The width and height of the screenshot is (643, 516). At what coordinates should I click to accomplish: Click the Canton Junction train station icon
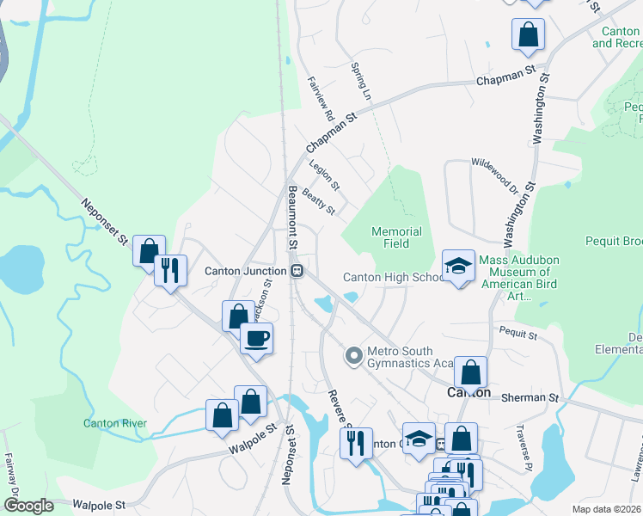[x=297, y=271]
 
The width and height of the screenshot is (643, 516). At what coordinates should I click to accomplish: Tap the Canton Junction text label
[x=245, y=271]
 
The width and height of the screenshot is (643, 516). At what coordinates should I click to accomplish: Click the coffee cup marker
[x=255, y=337]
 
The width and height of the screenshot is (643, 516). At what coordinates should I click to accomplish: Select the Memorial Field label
[x=396, y=237]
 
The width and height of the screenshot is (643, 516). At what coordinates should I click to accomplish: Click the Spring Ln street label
[x=361, y=80]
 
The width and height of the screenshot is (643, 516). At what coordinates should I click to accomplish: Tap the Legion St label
[x=324, y=175]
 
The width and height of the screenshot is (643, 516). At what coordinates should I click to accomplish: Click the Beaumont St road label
[x=292, y=218]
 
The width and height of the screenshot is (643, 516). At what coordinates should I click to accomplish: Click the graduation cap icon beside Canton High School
[x=458, y=265]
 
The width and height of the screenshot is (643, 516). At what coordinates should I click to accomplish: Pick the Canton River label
[x=114, y=423]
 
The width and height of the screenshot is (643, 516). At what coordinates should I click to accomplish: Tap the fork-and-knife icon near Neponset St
[x=169, y=271]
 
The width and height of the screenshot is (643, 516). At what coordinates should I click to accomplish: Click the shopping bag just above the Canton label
[x=470, y=372]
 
